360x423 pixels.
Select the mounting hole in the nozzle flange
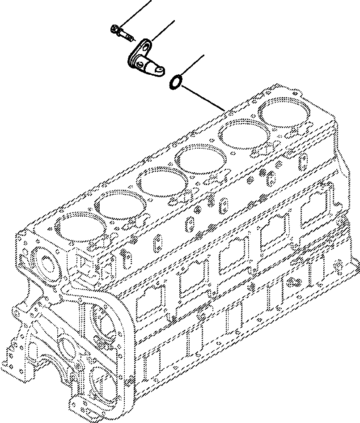tap(143, 46)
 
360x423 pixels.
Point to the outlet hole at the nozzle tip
tap(159, 69)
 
